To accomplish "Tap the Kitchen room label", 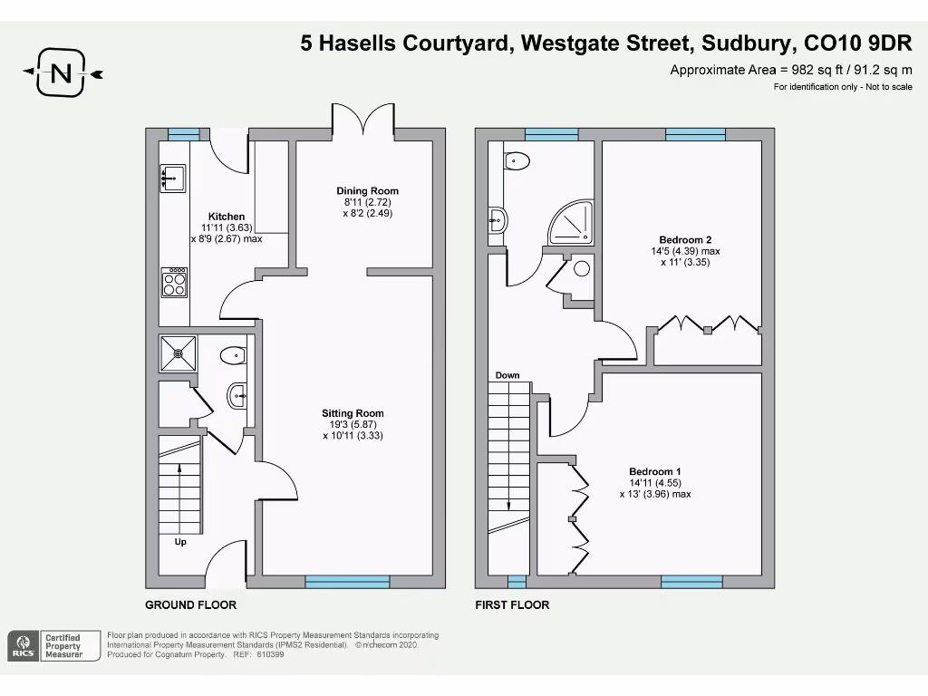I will [x=227, y=217].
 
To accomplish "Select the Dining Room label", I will [x=367, y=191].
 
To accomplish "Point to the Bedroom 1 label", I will [x=655, y=471].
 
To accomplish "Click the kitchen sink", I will [x=172, y=179].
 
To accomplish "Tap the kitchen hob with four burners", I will [x=174, y=284].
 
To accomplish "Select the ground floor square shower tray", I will [x=177, y=353].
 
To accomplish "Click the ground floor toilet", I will [x=232, y=354].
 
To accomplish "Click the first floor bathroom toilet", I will [x=517, y=162].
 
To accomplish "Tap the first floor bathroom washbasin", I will [x=498, y=218].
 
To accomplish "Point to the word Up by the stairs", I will [x=181, y=542].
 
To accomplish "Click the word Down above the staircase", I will [x=507, y=375].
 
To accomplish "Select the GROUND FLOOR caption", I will [x=191, y=604].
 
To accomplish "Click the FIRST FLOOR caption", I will [x=512, y=604].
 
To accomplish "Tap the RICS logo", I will [x=24, y=646].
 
